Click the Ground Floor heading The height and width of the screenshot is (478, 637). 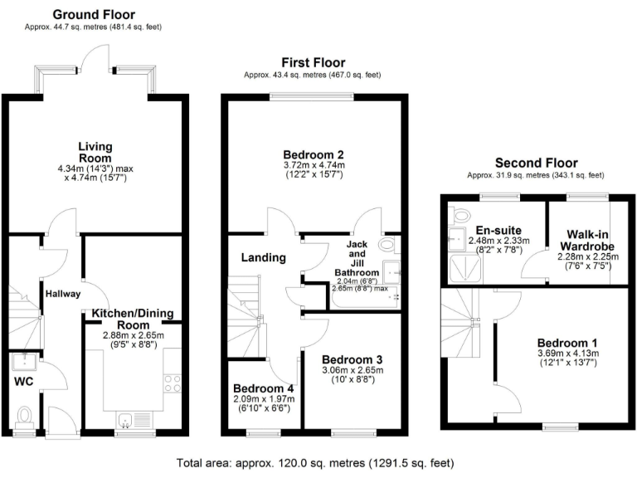pyautogui.click(x=93, y=14)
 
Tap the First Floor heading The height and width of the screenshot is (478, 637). pyautogui.click(x=313, y=62)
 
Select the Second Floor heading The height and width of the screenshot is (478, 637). pyautogui.click(x=536, y=163)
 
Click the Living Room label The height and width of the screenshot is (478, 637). pyautogui.click(x=95, y=153)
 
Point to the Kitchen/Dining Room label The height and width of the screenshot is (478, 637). pyautogui.click(x=134, y=319)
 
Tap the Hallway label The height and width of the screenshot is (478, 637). pyautogui.click(x=62, y=293)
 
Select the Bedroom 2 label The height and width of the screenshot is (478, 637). pyautogui.click(x=313, y=154)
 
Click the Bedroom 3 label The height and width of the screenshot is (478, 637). pyautogui.click(x=353, y=359)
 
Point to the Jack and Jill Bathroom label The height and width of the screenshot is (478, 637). pyautogui.click(x=357, y=258)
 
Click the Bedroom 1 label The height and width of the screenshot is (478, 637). pyautogui.click(x=566, y=343)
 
